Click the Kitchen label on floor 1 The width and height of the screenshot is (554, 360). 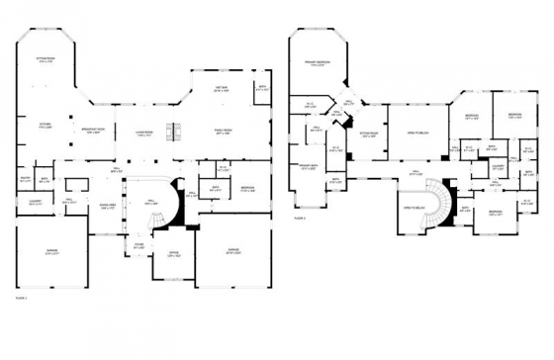coord(45,127)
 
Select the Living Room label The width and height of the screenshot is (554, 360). coord(143,135)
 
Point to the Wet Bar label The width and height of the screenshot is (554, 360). coord(223,89)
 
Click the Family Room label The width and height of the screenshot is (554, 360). coord(225,132)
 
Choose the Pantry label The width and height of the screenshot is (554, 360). coord(24,180)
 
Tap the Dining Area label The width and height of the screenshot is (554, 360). coord(108,207)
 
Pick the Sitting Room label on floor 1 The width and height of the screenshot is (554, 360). coord(45,61)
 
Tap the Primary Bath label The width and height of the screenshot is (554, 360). coord(308,168)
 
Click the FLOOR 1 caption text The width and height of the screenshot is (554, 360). coord(21,296)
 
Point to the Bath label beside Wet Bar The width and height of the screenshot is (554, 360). coord(262,87)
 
